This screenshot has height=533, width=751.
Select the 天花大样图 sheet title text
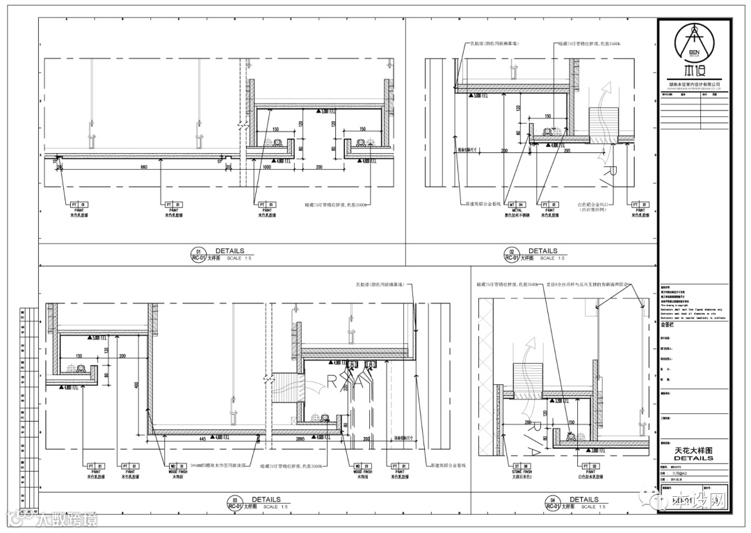693,451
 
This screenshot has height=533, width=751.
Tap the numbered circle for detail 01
199,252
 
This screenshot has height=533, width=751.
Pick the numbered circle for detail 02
512,252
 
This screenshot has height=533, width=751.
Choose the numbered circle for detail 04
553,500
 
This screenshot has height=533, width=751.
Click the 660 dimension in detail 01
144,168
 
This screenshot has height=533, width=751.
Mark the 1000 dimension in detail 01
266,168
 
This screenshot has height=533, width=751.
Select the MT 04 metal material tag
517,205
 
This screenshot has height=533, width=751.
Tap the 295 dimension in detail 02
567,150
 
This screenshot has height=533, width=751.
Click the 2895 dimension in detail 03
300,439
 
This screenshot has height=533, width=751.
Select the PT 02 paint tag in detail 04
590,466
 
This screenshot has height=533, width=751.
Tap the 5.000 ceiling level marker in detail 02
477,97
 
